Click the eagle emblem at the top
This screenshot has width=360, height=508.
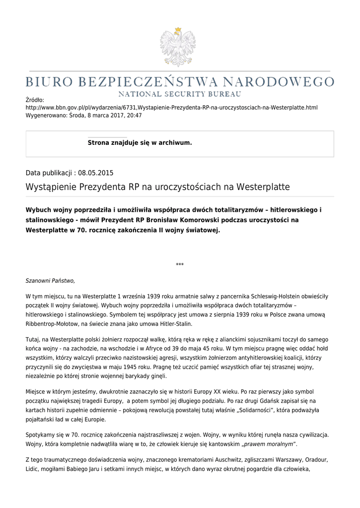[x=178, y=47]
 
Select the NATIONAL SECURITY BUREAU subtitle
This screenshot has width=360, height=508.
[x=179, y=94]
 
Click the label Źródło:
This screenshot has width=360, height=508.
[x=35, y=100]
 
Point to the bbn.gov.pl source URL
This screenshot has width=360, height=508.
[x=171, y=107]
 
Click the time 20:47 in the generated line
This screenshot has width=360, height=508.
[x=134, y=115]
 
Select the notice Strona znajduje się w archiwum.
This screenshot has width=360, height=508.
[x=140, y=143]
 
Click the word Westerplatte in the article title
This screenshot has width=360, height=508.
[x=263, y=187]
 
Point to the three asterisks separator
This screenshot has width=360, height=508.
[x=180, y=264]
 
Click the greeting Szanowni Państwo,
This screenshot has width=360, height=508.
[x=50, y=281]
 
